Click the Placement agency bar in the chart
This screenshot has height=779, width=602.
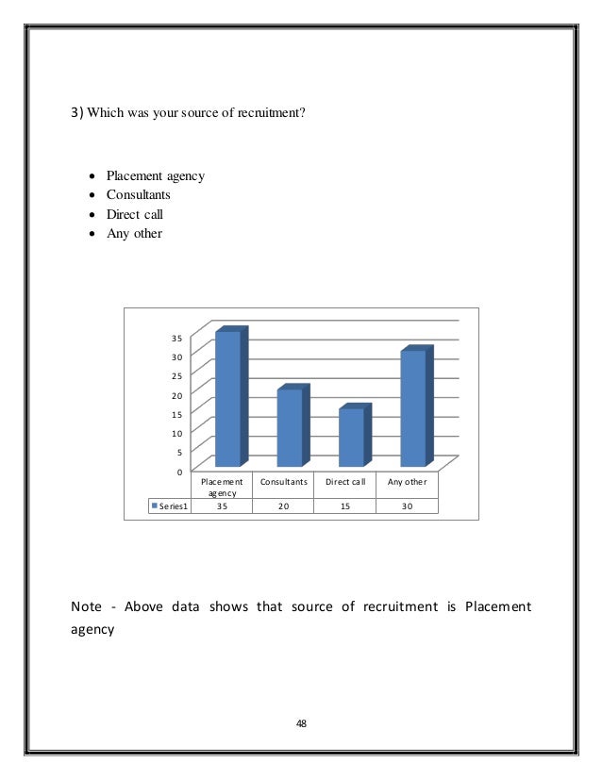(x=227, y=398)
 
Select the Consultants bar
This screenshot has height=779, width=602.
(x=290, y=427)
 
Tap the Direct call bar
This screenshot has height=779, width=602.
(x=351, y=437)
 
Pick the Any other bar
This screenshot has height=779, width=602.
(x=413, y=407)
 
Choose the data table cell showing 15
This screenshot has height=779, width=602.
(x=345, y=506)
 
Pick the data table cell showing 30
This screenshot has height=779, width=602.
(x=407, y=506)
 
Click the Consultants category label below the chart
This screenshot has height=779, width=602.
(x=284, y=481)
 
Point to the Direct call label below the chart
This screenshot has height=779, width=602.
(x=345, y=481)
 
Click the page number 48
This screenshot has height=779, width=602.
(x=301, y=724)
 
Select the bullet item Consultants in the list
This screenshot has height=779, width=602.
(x=139, y=195)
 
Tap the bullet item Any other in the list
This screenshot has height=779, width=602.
(x=134, y=233)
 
